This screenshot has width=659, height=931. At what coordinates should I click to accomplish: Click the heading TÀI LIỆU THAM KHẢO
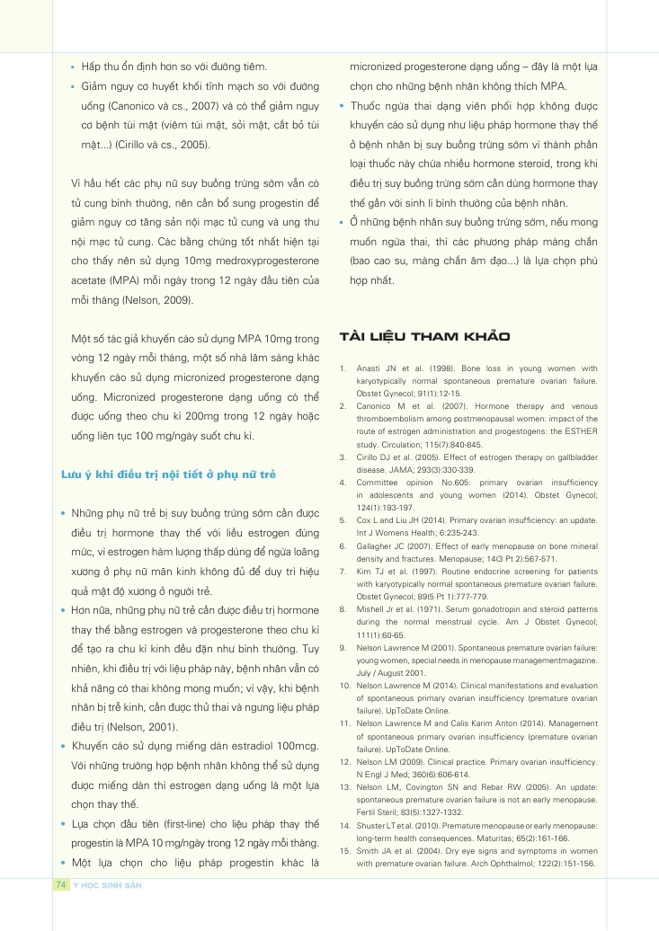pyautogui.click(x=424, y=337)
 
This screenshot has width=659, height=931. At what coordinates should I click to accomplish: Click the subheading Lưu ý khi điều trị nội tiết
pyautogui.click(x=167, y=473)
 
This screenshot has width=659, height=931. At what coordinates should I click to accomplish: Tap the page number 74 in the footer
pyautogui.click(x=61, y=885)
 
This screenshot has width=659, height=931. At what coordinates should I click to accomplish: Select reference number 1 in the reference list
pyautogui.click(x=344, y=368)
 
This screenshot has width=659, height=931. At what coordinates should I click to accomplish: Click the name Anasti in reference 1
pyautogui.click(x=370, y=368)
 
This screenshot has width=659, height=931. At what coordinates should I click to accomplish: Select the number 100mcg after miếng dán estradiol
pyautogui.click(x=297, y=746)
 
